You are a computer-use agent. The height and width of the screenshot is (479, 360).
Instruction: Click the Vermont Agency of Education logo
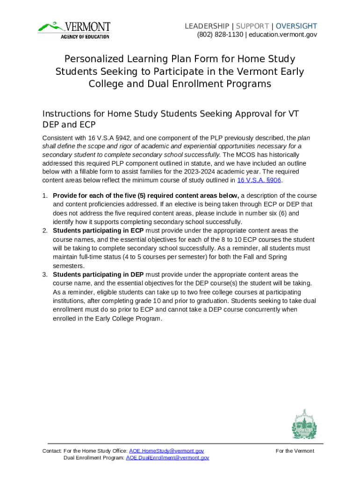coord(74,29)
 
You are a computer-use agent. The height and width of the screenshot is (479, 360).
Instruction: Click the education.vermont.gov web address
coord(283,35)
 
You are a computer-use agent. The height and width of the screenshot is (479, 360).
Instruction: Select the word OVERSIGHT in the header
coord(296,26)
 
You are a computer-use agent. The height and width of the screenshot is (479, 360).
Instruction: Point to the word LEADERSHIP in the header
coord(207,26)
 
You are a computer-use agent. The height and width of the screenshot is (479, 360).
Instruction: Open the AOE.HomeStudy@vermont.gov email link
coord(166,451)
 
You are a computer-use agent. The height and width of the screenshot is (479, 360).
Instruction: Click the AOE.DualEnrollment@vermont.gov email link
coord(167,458)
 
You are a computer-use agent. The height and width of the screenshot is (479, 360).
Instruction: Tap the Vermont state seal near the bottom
coord(304,424)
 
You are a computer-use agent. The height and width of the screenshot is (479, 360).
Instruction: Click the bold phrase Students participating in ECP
coord(98,231)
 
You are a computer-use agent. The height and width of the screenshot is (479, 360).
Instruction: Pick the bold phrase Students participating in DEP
coord(98,275)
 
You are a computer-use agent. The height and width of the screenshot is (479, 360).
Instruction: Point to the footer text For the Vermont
coord(295,451)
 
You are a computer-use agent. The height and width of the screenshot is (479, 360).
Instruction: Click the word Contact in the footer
coord(51,451)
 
